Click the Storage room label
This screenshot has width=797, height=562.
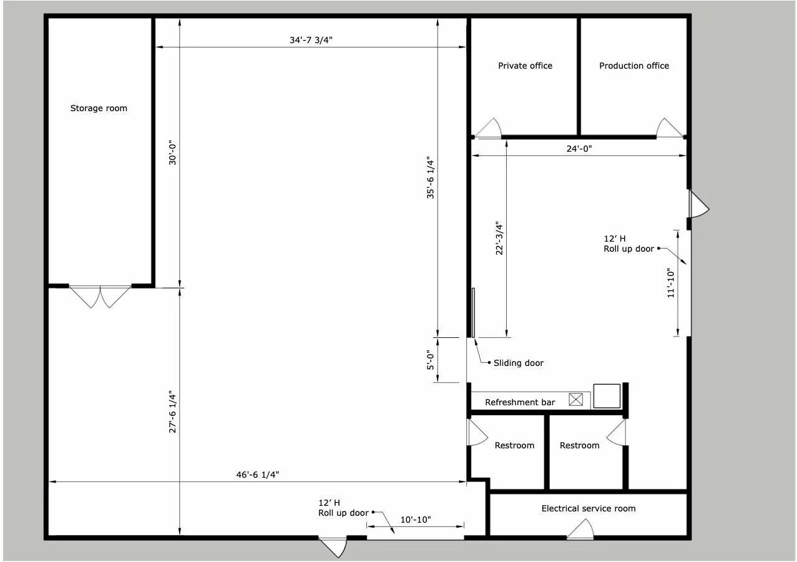(x=99, y=108)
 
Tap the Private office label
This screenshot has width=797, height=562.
(x=525, y=66)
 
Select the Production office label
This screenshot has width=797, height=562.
(x=634, y=66)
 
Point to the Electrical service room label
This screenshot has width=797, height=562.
(x=589, y=509)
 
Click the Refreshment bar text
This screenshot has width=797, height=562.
(x=520, y=403)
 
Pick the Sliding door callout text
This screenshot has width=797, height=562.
(x=519, y=363)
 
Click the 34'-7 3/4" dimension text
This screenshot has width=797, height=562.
(x=311, y=40)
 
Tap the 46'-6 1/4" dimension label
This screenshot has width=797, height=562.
(x=258, y=475)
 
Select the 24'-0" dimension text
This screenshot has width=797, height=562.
(x=579, y=149)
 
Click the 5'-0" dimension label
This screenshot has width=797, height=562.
(x=431, y=360)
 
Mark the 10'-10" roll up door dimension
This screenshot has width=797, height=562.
(x=416, y=520)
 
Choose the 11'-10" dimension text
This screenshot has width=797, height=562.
(x=671, y=283)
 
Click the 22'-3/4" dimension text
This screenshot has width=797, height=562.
(x=499, y=239)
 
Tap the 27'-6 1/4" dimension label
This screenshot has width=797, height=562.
(x=172, y=412)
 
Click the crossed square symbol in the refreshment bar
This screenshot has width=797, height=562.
(x=575, y=400)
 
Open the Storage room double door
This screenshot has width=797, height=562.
(x=100, y=297)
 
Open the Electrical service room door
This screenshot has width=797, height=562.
(x=580, y=529)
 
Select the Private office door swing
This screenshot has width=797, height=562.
(x=488, y=128)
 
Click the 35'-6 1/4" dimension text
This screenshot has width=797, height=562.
(x=431, y=177)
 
